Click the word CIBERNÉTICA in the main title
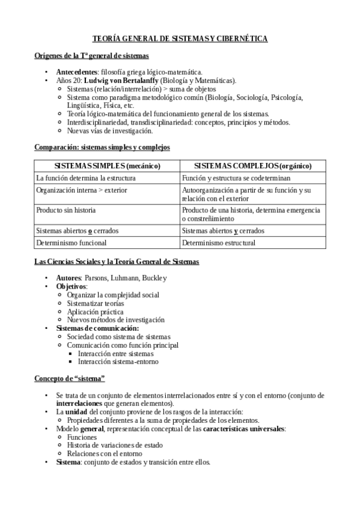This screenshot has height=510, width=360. point(240,38)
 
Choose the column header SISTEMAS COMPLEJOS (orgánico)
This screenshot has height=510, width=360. point(252,165)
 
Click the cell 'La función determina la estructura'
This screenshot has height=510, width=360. point(86,178)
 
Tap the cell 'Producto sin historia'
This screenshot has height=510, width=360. point(66,210)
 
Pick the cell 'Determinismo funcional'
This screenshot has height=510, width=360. point(72,243)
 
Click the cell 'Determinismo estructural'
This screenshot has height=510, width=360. point(219,243)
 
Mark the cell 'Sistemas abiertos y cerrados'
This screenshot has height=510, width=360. point(223,231)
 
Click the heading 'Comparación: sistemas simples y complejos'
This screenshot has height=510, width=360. point(102,147)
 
